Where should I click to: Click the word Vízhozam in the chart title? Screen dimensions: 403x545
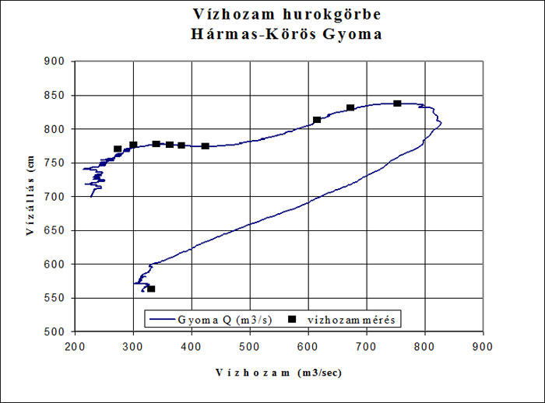(x=227, y=15)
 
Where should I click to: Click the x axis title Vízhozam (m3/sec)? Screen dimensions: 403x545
(x=272, y=373)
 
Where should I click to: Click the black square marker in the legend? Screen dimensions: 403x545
(x=294, y=319)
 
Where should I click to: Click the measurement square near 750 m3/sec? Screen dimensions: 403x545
(x=397, y=103)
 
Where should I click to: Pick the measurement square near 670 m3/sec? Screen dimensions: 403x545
(x=350, y=108)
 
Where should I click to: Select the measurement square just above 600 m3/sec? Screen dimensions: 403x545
(x=317, y=120)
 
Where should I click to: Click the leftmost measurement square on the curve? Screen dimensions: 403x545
(x=118, y=149)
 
